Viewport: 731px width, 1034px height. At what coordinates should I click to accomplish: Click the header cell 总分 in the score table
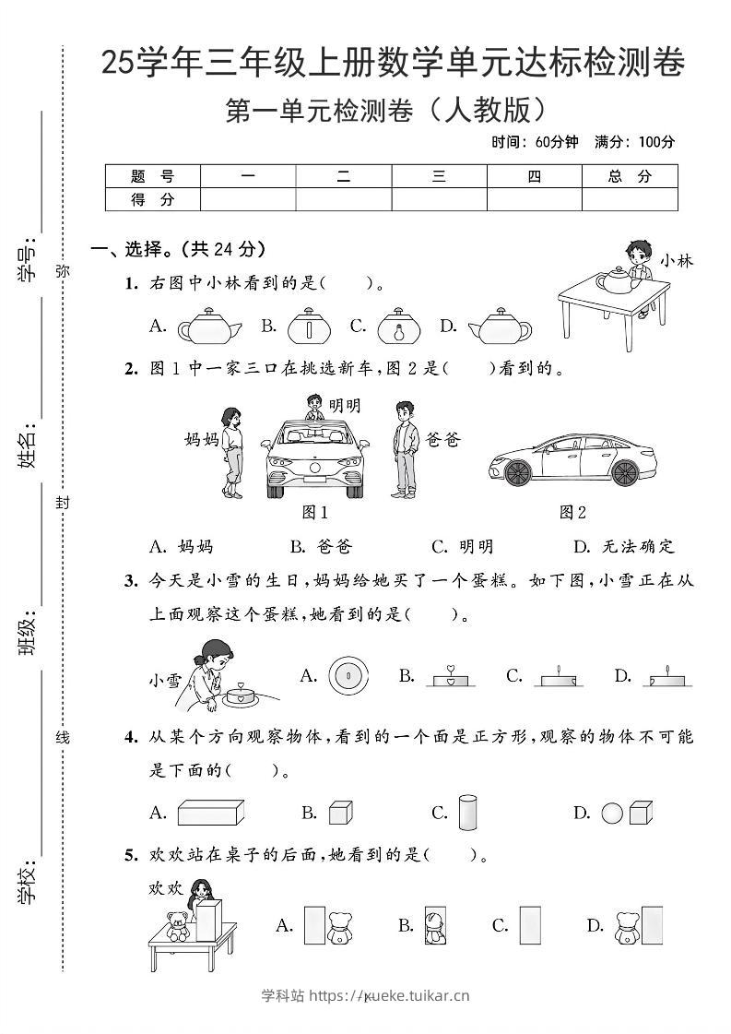pyautogui.click(x=630, y=176)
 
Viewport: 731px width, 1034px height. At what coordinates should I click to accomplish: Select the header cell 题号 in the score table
pyautogui.click(x=153, y=176)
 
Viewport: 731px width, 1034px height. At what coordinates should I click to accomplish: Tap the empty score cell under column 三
pyautogui.click(x=439, y=199)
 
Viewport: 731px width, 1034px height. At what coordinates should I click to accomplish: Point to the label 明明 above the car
pyautogui.click(x=344, y=406)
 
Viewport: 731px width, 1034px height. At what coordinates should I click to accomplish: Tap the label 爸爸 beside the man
pyautogui.click(x=442, y=440)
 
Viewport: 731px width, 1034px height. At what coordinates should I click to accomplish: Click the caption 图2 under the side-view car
pyautogui.click(x=572, y=513)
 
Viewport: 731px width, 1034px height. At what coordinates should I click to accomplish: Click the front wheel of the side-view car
pyautogui.click(x=517, y=471)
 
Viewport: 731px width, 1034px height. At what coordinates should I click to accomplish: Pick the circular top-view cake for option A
pyautogui.click(x=348, y=676)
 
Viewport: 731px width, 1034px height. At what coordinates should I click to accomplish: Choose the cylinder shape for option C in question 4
pyautogui.click(x=469, y=812)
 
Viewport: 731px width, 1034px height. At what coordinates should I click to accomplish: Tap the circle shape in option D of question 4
pyautogui.click(x=612, y=813)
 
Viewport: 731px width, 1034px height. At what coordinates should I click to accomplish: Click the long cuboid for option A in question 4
pyautogui.click(x=212, y=813)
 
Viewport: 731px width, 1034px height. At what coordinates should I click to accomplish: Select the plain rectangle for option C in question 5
pyautogui.click(x=529, y=925)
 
